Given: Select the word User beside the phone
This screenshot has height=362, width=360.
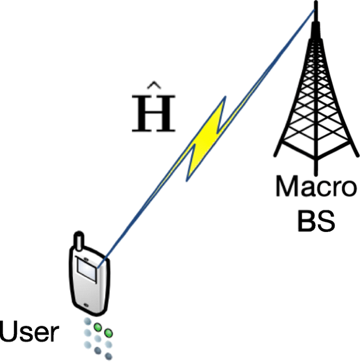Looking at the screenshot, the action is coord(29,332).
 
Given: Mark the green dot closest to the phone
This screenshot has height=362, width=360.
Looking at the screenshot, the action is coord(98,327).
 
